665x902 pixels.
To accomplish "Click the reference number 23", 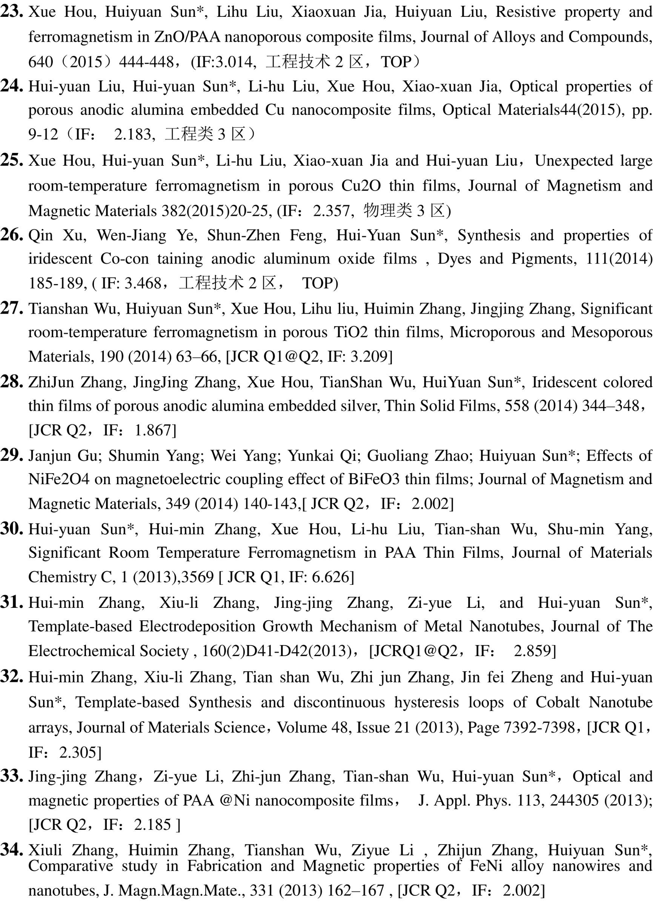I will (x=12, y=12).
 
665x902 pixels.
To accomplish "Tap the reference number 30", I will (x=12, y=529).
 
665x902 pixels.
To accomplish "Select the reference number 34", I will (x=12, y=850).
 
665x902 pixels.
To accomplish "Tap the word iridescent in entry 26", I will (x=60, y=259).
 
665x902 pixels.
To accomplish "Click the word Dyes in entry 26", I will (x=454, y=259).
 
